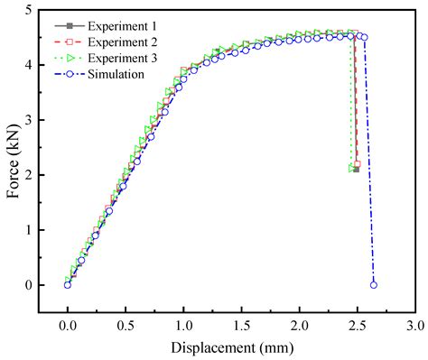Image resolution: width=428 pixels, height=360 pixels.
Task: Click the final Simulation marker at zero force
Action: pyautogui.click(x=373, y=284)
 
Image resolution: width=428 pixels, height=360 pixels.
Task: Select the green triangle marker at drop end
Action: pyautogui.click(x=351, y=168)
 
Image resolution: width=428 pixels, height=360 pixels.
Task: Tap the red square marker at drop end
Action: pyautogui.click(x=358, y=164)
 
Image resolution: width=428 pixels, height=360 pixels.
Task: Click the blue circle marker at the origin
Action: pyautogui.click(x=68, y=284)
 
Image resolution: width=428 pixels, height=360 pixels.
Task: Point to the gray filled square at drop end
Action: pyautogui.click(x=355, y=169)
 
